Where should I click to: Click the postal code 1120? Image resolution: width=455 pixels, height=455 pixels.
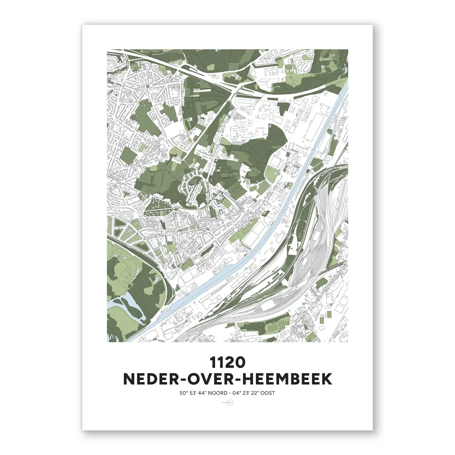(227, 362)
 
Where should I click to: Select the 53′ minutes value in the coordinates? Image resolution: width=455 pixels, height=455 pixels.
(190, 393)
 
